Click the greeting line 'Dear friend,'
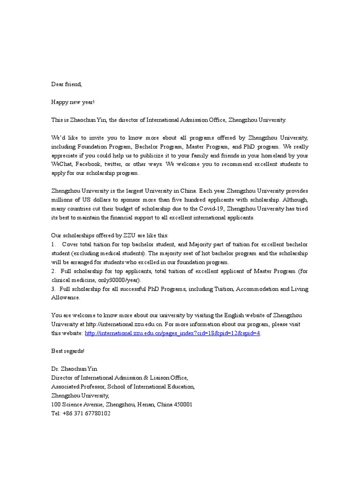click(66, 84)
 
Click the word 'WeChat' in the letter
click(62, 165)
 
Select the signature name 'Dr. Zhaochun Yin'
click(75, 369)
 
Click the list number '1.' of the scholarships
click(53, 245)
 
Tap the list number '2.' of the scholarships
click(53, 271)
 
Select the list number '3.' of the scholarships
click(53, 289)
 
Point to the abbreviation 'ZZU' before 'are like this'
click(119, 236)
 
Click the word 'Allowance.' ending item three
click(66, 298)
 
